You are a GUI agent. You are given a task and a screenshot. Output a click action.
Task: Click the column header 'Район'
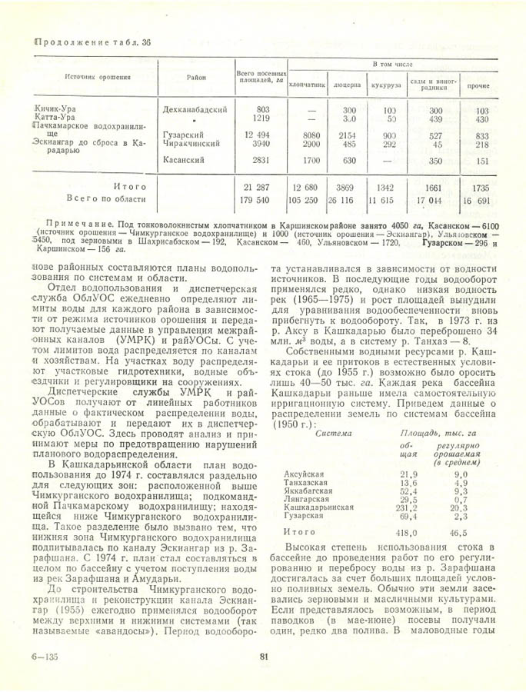195,78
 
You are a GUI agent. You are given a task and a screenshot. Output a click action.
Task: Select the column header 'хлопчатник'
308,86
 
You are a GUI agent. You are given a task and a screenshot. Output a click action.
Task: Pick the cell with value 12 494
258,135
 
